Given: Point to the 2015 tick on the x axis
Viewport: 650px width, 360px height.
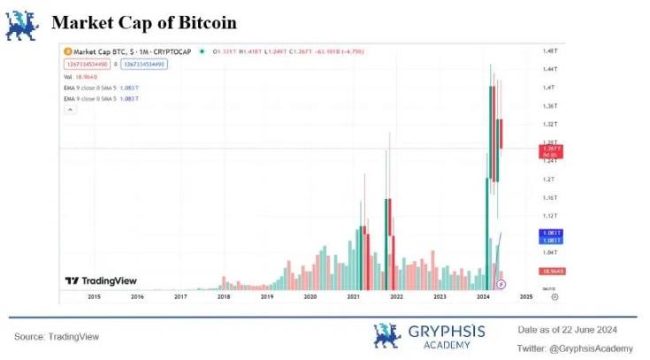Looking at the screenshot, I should [x=94, y=297].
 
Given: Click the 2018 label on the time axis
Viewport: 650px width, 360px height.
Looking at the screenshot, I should [x=224, y=297].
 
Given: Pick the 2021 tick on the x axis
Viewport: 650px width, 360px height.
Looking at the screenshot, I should [x=354, y=297].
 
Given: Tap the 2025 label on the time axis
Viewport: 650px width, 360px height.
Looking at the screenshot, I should [x=526, y=297].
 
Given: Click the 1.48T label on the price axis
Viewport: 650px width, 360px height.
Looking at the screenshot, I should [x=549, y=51].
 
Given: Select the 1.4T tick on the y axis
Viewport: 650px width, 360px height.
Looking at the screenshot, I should [x=549, y=88].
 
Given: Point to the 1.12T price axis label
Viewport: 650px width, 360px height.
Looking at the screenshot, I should [x=549, y=216].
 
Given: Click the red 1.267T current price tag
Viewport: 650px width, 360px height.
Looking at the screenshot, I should [x=548, y=151].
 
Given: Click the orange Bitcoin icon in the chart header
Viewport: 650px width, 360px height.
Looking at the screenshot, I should [x=68, y=52].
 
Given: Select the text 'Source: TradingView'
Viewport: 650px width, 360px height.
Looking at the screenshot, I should [x=57, y=337].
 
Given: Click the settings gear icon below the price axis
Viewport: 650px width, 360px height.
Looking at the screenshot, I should [x=554, y=297].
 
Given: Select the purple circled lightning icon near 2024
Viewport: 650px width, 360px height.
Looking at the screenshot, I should [x=501, y=284].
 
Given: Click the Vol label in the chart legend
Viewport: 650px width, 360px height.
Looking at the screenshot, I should [x=68, y=77].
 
